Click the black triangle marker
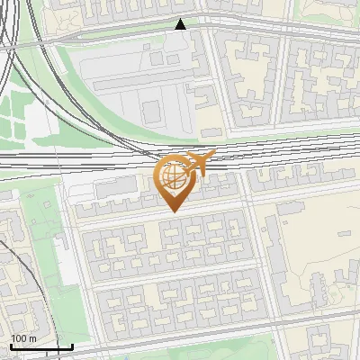click(x=182, y=24)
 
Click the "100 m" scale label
click(x=23, y=338)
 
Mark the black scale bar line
click(x=40, y=346)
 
